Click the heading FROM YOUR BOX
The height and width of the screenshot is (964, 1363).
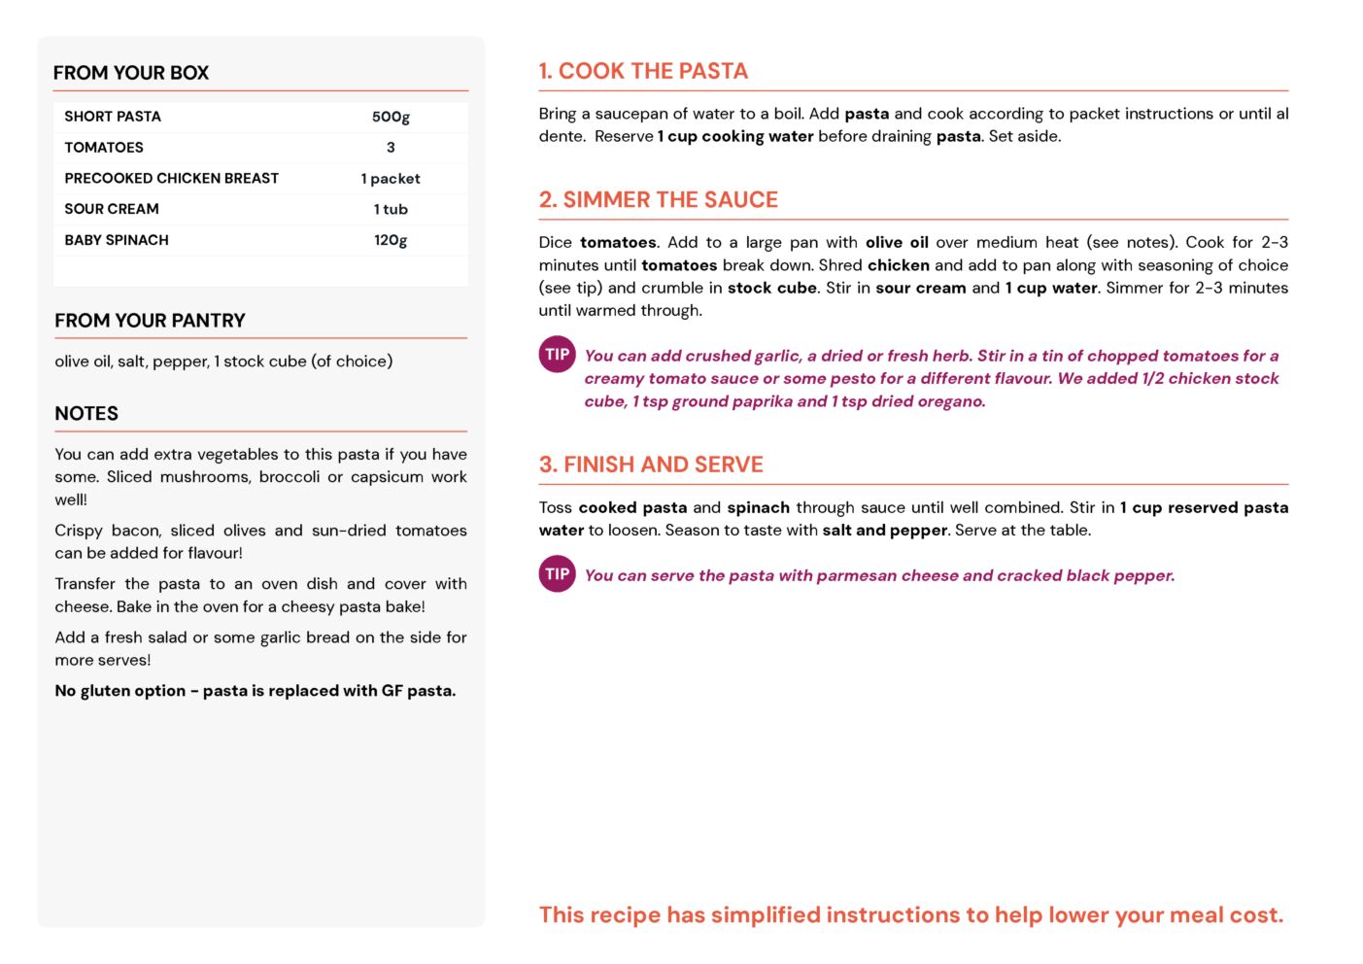[131, 73]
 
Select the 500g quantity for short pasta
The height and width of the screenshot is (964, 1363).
[391, 117]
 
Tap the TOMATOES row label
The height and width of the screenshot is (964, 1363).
[104, 148]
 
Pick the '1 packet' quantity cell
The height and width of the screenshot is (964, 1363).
[391, 179]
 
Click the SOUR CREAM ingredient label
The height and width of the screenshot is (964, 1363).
[112, 209]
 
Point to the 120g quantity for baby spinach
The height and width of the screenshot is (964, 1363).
[391, 240]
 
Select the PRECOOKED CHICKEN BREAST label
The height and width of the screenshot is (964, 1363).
[172, 179]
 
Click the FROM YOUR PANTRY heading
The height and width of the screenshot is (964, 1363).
[150, 321]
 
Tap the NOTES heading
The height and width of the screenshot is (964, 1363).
[86, 413]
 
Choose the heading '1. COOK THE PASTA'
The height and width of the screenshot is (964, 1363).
[643, 71]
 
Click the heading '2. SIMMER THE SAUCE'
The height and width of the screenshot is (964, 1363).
[659, 199]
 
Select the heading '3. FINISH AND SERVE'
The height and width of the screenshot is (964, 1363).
[651, 465]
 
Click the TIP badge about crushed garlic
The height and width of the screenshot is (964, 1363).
[557, 355]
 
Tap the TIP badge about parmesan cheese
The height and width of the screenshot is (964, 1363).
[557, 574]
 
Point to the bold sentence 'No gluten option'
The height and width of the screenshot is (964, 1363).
[255, 691]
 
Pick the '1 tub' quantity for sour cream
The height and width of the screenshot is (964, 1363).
[391, 209]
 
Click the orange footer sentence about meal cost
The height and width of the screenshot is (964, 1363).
[911, 914]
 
